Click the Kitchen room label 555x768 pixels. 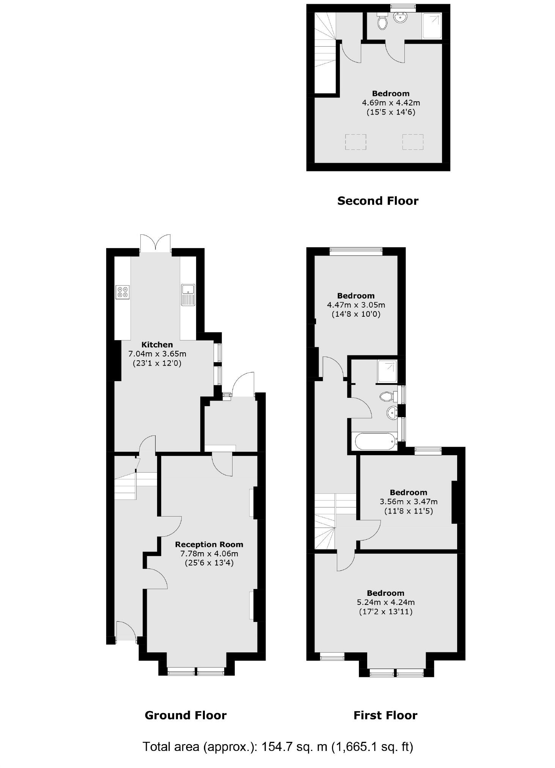pos(157,345)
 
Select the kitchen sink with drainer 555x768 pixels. pos(188,295)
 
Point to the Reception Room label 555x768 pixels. pos(209,545)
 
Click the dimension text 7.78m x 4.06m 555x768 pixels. pos(209,554)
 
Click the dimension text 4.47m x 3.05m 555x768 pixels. pos(356,305)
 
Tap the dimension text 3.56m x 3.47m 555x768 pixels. pos(409,502)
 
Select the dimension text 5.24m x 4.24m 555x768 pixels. pos(385,602)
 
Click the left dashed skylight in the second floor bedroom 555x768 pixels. pos(355,142)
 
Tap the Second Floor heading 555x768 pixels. pos(377,201)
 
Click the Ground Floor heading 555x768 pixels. pos(186,715)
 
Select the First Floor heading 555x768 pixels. pos(385,715)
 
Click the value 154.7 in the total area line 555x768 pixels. pos(275,746)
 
